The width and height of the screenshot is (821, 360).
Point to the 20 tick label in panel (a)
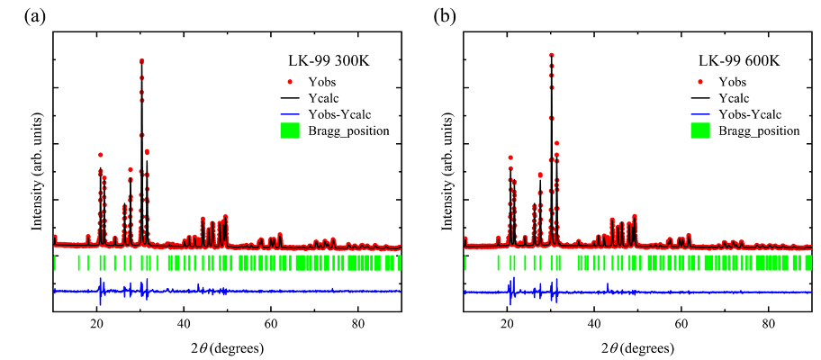[x=97, y=321]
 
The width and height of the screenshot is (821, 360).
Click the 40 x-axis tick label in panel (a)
[x=184, y=321]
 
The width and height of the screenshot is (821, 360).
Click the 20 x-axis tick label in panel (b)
[x=507, y=321]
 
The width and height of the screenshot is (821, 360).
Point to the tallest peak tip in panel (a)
[x=141, y=60]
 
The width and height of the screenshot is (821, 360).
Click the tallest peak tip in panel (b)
[x=551, y=55]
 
